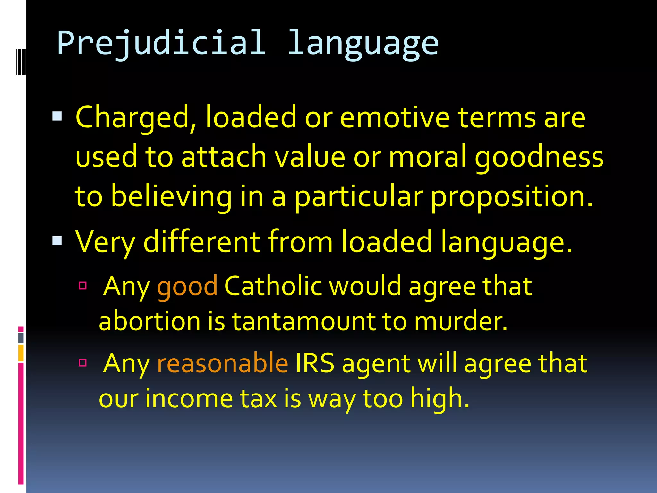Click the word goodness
539,158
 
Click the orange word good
187,286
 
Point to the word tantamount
303,321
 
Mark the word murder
461,321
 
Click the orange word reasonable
223,363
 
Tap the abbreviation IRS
315,363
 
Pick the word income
189,398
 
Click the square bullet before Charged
57,116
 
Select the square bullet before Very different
57,240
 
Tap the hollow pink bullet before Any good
83,285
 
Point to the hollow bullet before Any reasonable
83,363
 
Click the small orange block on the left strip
21,353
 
